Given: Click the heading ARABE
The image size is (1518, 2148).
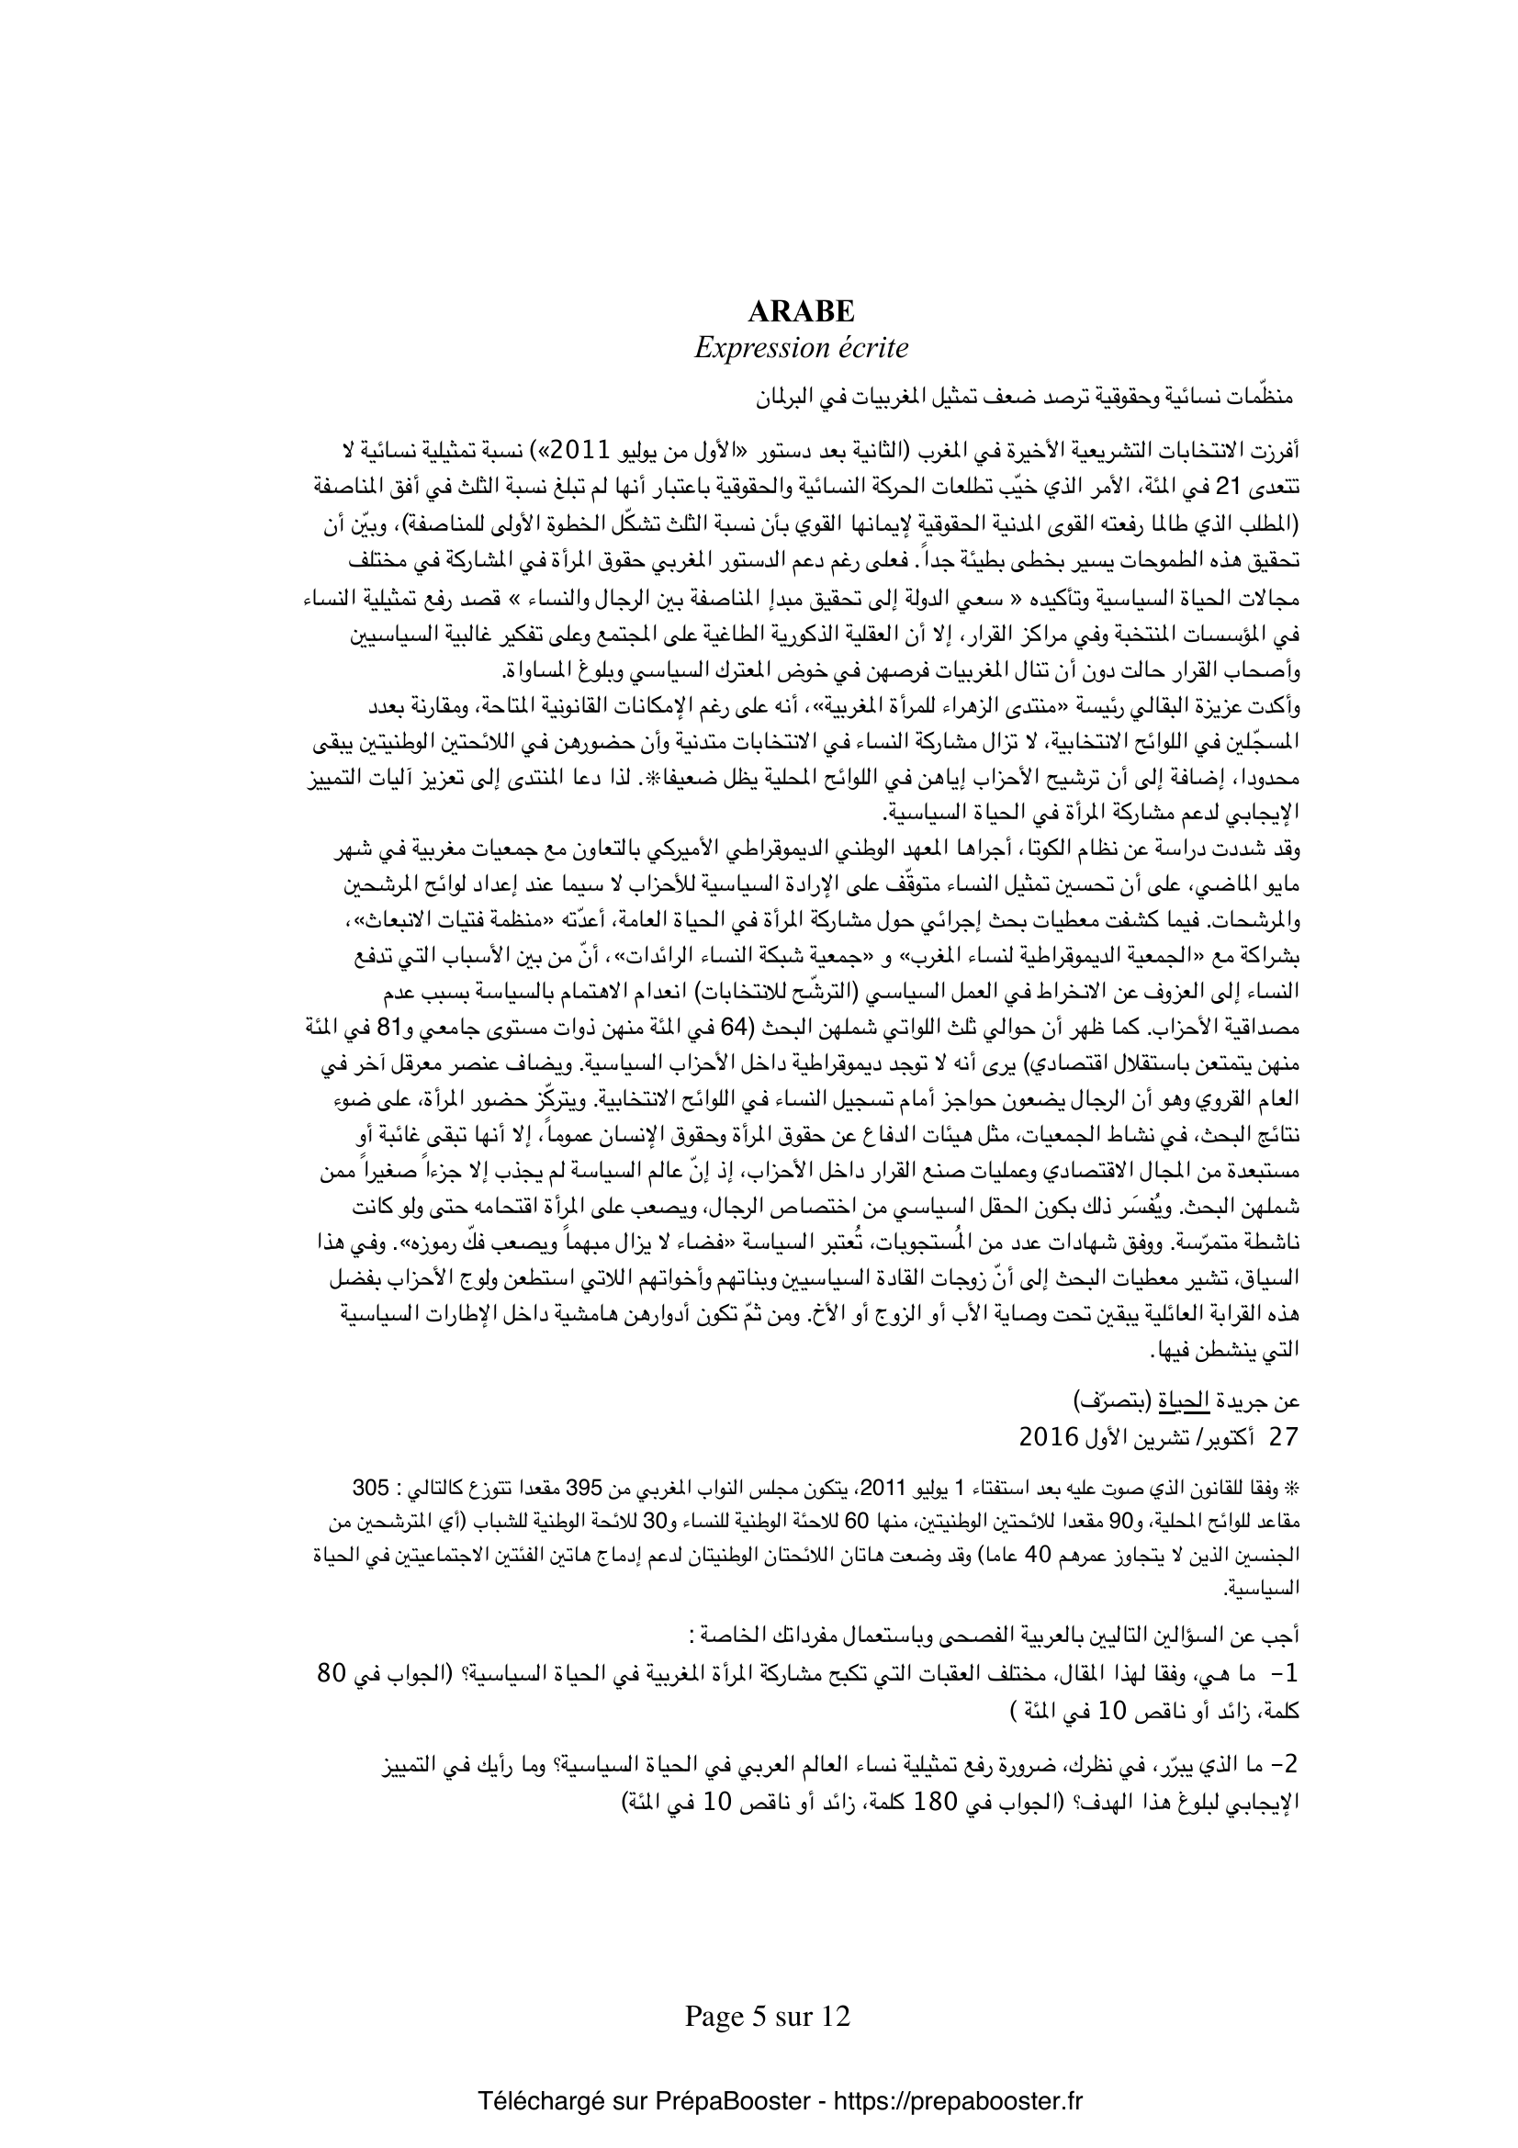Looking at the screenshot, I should [801, 310].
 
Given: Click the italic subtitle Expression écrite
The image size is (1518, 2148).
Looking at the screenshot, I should [801, 348].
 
